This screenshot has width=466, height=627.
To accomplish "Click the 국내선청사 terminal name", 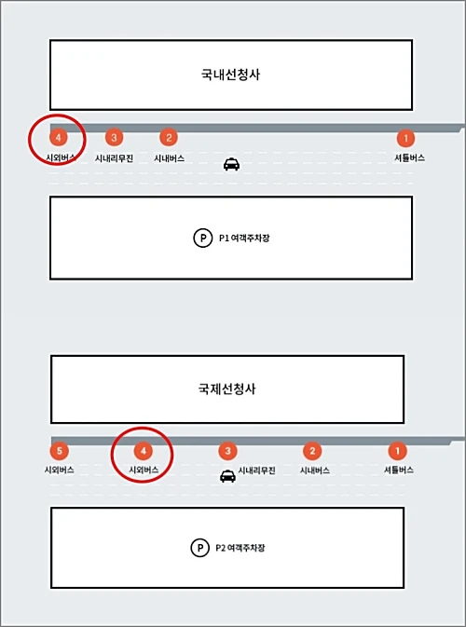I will (x=229, y=75).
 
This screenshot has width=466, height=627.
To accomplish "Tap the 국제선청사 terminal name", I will (x=227, y=389).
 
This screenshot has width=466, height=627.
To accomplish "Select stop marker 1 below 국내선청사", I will (x=405, y=138).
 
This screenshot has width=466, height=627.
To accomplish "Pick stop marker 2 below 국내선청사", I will (x=169, y=138).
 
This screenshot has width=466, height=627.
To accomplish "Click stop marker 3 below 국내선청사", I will (x=114, y=138).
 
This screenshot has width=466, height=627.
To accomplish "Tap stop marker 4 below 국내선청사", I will (x=58, y=138).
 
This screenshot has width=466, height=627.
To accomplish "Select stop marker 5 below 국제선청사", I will (x=59, y=451).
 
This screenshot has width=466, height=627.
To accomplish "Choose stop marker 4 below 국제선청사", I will (x=143, y=451).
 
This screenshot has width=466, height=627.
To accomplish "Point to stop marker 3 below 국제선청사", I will (x=227, y=451).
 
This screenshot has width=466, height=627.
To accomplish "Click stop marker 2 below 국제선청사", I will (x=313, y=451).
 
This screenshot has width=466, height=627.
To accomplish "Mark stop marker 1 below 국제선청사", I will (x=398, y=451).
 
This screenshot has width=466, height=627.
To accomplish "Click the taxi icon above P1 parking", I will (x=231, y=164).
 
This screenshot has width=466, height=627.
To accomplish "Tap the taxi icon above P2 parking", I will (x=227, y=477).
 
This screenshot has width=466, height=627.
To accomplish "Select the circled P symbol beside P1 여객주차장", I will (x=202, y=239).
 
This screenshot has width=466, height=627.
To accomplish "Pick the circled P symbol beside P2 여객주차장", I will (x=199, y=549).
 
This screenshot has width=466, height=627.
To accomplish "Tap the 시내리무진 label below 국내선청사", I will (x=114, y=158).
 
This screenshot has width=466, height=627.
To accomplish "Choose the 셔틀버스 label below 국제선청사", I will (x=398, y=470).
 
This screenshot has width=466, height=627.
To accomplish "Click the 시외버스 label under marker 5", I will (x=59, y=470).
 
